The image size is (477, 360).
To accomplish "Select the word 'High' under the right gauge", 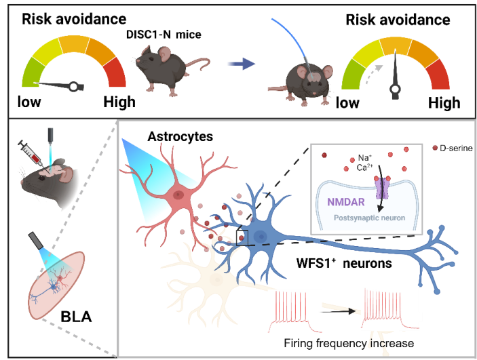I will coord(444,103).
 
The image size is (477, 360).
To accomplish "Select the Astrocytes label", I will coord(180,137).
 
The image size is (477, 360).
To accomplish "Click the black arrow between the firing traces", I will coord(340,312).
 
